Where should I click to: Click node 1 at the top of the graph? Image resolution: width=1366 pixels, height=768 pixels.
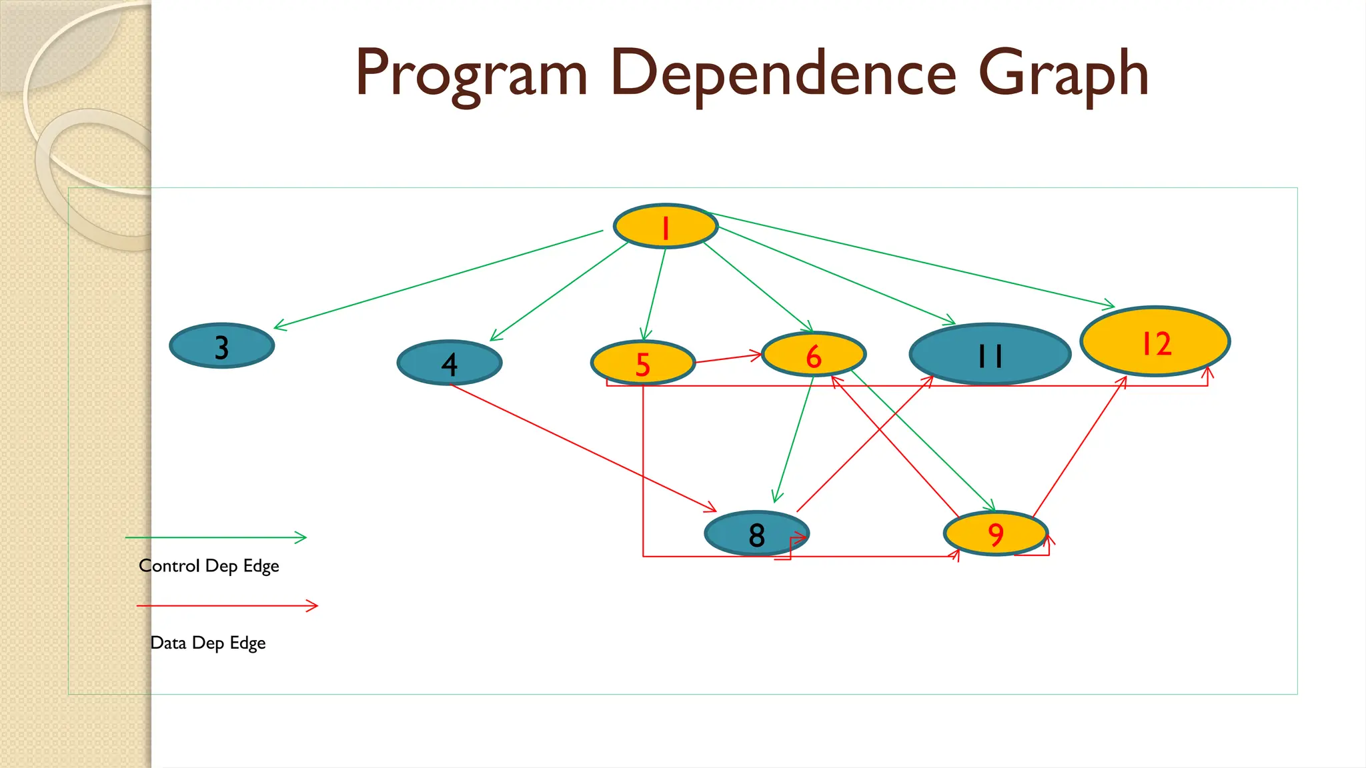coord(665,227)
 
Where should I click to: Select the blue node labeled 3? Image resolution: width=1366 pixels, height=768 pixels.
coord(222,346)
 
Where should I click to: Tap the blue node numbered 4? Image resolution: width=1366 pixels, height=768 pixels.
coord(450,363)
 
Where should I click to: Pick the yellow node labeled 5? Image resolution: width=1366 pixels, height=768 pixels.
coord(643,363)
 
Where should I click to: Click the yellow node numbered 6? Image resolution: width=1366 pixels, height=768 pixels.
coord(814,355)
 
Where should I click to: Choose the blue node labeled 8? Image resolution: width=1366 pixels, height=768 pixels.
coord(756,534)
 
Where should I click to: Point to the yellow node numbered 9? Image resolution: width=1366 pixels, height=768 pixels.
coord(995,533)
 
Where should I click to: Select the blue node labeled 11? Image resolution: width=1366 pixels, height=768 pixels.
coord(990,355)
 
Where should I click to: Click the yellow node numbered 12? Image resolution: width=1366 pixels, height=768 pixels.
coord(1155,342)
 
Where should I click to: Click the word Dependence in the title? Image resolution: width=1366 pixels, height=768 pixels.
coord(783,73)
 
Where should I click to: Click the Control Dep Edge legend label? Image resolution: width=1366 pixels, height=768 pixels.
coord(209,566)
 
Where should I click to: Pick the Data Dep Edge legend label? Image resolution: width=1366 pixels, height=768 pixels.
coord(208,643)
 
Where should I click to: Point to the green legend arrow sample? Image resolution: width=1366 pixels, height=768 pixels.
coord(215,537)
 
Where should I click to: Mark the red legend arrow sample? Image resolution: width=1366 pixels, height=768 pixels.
coord(227,605)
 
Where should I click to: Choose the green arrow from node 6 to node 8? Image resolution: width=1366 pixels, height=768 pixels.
coord(794,440)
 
